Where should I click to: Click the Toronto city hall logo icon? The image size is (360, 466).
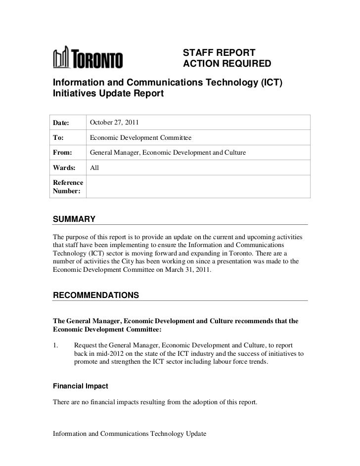61,59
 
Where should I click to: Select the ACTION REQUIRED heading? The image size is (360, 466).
227,64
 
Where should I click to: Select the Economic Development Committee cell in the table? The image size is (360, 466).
140,137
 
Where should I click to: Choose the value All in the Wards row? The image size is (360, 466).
94,168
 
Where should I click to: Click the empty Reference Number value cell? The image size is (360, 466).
198,187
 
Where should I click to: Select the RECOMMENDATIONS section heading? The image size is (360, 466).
95,295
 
